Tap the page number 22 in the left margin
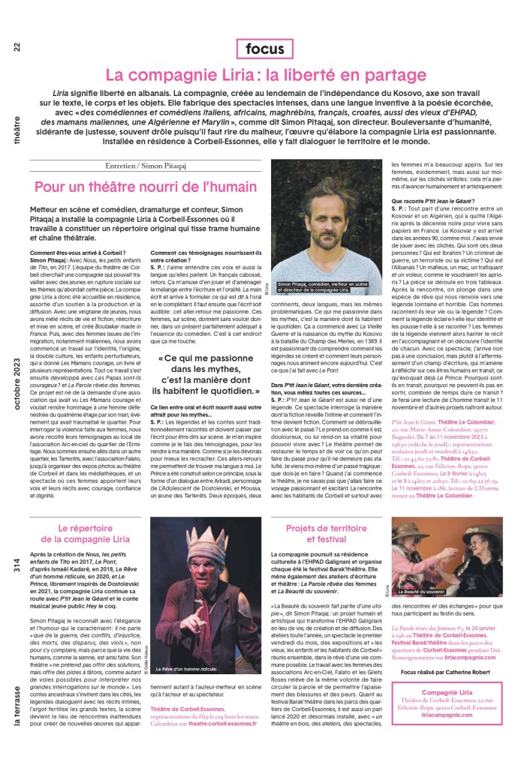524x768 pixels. [17, 46]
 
